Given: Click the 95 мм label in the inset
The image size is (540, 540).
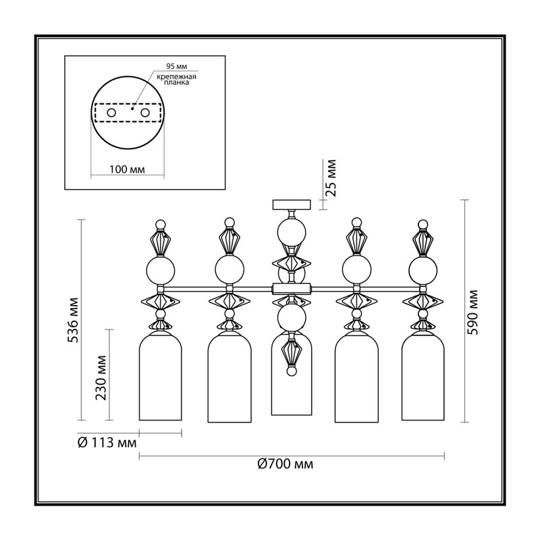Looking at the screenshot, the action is (176, 66).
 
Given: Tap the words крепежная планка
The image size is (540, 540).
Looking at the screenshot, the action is (176, 80).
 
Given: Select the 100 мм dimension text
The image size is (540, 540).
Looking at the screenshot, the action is (127, 169).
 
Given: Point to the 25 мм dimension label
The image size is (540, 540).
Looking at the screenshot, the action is (331, 178).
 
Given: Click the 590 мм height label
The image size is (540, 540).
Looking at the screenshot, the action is (474, 313).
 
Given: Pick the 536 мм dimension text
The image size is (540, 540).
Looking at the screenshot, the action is (73, 320).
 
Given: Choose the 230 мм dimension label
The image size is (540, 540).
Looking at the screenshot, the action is (101, 378).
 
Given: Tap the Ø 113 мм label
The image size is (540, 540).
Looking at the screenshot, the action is (107, 443).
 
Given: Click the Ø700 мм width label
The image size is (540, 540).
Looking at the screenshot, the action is (286, 464).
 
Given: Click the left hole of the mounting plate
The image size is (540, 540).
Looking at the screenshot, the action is (111, 113).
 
